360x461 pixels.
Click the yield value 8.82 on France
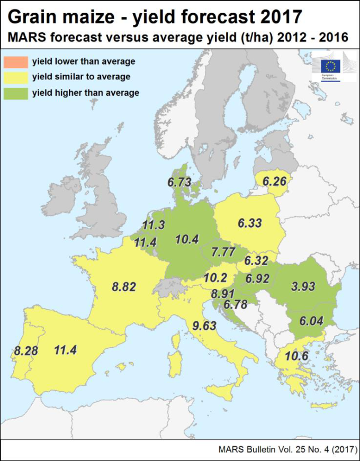coord(123,287)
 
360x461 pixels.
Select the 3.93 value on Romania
coord(303,287)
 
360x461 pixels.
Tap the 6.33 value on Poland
coord(250,223)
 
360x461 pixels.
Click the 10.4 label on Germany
coord(187,239)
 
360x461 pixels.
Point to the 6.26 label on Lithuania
coord(274,182)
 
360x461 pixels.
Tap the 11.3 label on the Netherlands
coord(154,225)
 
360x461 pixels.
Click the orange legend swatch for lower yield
coord(16,61)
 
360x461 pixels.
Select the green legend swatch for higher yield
coord(16,93)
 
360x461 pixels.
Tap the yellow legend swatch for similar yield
coord(16,77)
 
